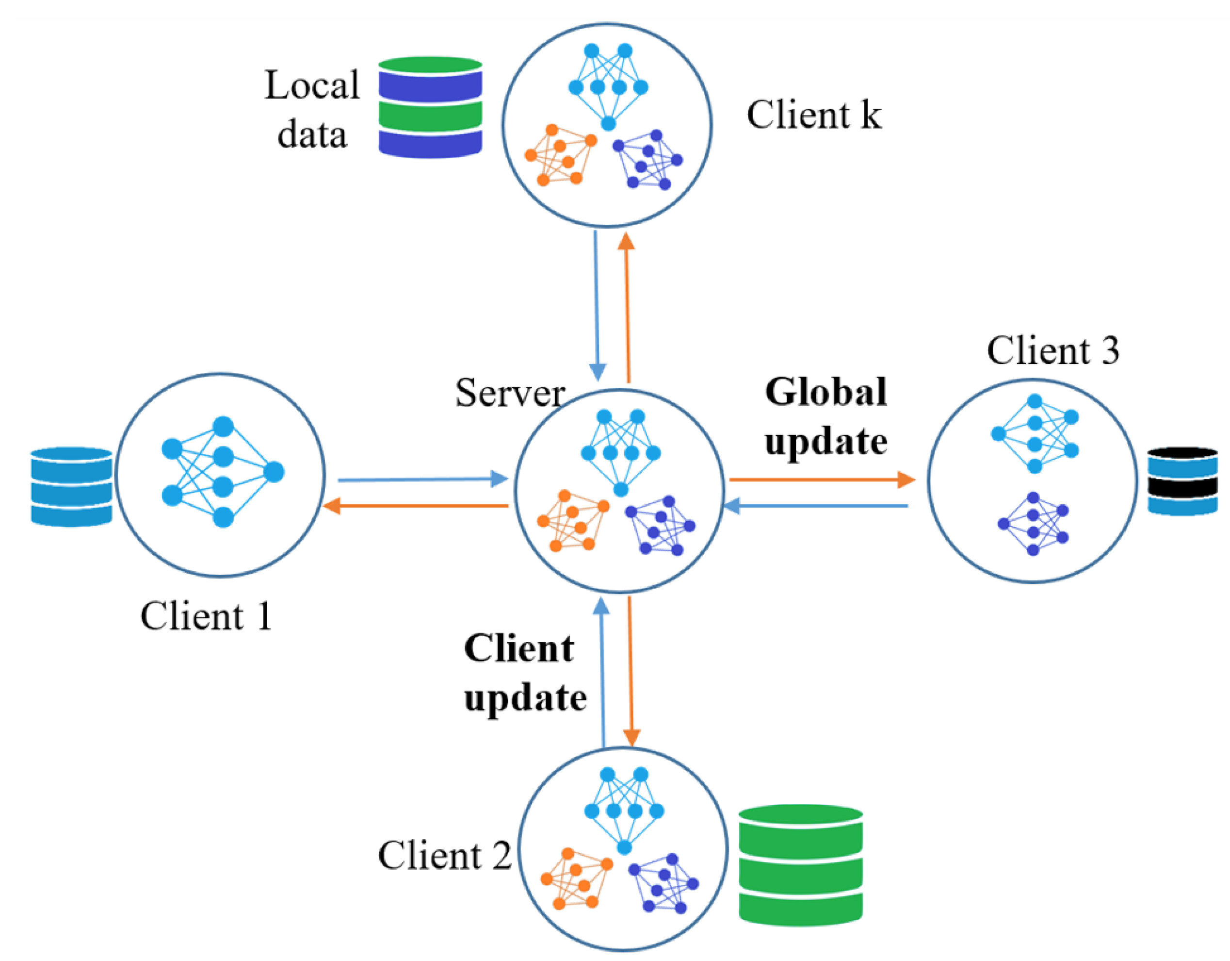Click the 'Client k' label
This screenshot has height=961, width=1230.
click(813, 115)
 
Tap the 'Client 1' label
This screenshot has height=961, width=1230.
click(206, 615)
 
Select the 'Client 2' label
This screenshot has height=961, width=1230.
click(444, 855)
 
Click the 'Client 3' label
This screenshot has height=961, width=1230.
click(1052, 350)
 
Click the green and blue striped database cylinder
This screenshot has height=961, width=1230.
click(430, 107)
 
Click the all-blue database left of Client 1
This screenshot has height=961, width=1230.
click(71, 486)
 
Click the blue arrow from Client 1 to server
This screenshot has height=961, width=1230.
click(422, 480)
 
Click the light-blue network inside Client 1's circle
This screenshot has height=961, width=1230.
click(223, 472)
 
